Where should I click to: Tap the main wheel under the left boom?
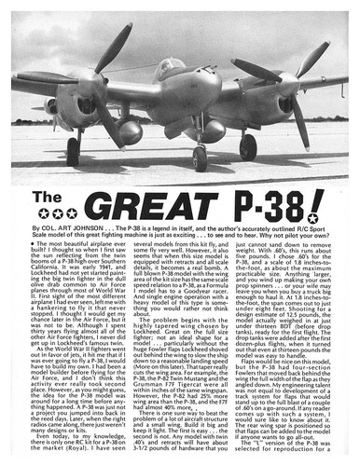pos(73,153)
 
